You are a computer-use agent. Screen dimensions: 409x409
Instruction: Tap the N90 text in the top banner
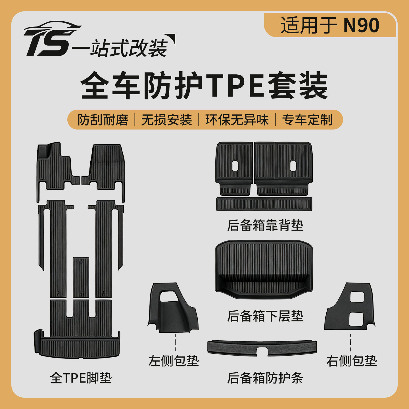(361, 25)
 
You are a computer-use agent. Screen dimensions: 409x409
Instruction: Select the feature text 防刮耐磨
(103, 120)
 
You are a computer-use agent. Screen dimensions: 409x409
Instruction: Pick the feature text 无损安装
(167, 120)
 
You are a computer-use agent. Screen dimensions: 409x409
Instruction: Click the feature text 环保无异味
(237, 120)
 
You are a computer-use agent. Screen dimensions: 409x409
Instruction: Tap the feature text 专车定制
(307, 120)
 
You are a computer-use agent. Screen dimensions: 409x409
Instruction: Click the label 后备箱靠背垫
(265, 225)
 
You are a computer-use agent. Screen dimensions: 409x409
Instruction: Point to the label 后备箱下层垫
(265, 316)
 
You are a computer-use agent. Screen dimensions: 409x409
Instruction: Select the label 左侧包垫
(174, 361)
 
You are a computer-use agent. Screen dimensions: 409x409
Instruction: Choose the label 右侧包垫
(351, 361)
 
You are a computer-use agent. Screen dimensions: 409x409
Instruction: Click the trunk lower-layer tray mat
(264, 270)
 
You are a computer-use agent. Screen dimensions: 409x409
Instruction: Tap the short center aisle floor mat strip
(81, 277)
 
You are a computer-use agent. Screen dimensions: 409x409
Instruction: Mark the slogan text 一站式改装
(120, 48)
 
